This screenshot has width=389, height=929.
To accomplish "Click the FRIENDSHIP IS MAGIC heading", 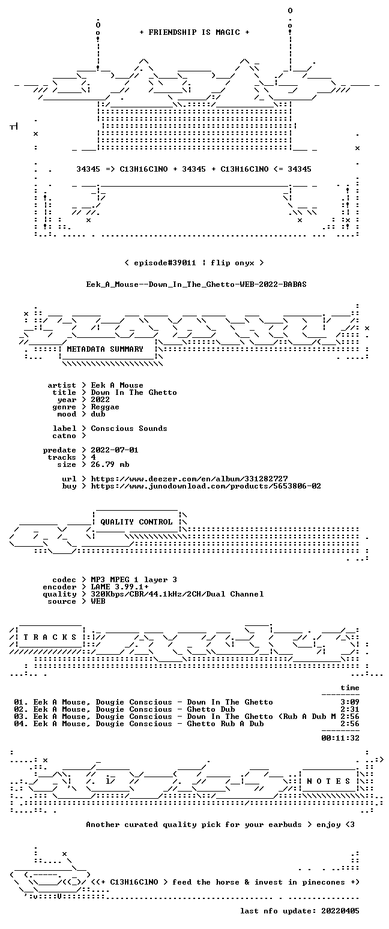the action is (194, 32).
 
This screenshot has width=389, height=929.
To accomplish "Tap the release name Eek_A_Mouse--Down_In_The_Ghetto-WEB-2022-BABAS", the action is (196, 284).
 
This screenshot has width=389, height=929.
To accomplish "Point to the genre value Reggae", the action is (105, 407).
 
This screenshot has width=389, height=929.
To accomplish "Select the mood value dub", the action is (98, 414).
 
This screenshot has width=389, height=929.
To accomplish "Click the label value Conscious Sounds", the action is (129, 428).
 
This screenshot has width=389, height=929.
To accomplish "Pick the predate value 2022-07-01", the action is (115, 450).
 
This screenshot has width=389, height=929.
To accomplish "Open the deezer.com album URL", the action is (189, 478).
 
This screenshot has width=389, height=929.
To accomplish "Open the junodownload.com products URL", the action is (206, 486).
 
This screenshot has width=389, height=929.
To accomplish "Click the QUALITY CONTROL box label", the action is (136, 522).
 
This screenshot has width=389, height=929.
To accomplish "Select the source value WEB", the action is (98, 601).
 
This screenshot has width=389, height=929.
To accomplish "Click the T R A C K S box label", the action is (50, 637).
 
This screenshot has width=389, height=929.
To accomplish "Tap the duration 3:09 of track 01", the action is (350, 702).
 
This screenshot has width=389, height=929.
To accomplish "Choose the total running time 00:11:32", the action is (340, 738).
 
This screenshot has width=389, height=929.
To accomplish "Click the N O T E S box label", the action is (328, 781).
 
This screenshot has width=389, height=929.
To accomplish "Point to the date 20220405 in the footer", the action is (340, 911).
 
